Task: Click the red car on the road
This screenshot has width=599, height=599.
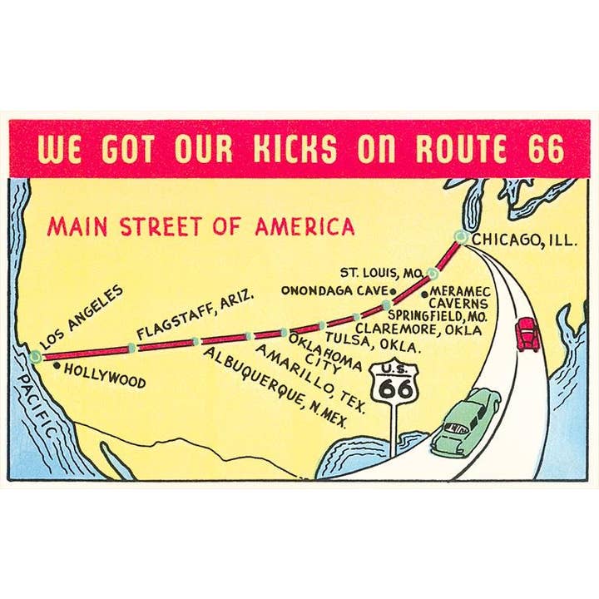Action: [x=527, y=334]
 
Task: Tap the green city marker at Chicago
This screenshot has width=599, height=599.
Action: [x=461, y=236]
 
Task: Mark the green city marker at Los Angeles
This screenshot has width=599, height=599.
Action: [x=35, y=356]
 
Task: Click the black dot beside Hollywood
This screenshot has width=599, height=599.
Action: [x=56, y=365]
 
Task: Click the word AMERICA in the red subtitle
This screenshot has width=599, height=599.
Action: [x=305, y=226]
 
